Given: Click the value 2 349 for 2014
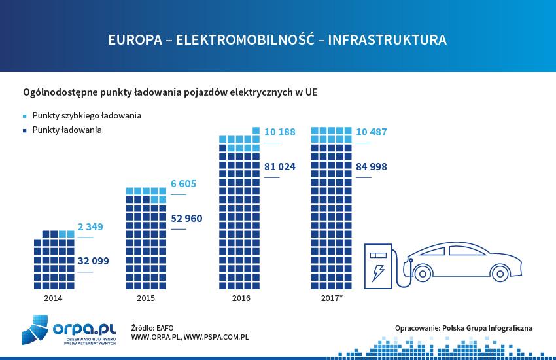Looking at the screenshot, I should tap(90, 226).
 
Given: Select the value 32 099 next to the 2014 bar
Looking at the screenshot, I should tap(93, 261).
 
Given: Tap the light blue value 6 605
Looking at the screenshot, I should tap(183, 184).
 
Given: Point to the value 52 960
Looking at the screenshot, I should tap(186, 218).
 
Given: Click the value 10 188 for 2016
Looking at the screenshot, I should tap(280, 132).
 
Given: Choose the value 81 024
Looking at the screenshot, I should tap(280, 166).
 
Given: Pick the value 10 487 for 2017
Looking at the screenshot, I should tap(372, 132).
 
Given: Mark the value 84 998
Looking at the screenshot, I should tap(372, 166).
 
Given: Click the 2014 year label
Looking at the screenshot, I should tap(54, 298).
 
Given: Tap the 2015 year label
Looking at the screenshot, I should tap(146, 298).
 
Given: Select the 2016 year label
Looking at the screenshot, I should tap(241, 298).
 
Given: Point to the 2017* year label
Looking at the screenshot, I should tap(333, 298).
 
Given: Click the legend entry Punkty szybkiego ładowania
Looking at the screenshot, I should tap(86, 115).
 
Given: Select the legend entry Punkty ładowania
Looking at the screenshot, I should tap(67, 130).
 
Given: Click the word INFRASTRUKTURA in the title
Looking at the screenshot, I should tap(387, 40).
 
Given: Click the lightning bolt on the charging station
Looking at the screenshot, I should tap(377, 272).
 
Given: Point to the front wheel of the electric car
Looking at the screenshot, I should tap(422, 275).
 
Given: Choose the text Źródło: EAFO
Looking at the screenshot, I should tap(152, 327).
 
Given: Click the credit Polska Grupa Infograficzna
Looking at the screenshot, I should tap(487, 327).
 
